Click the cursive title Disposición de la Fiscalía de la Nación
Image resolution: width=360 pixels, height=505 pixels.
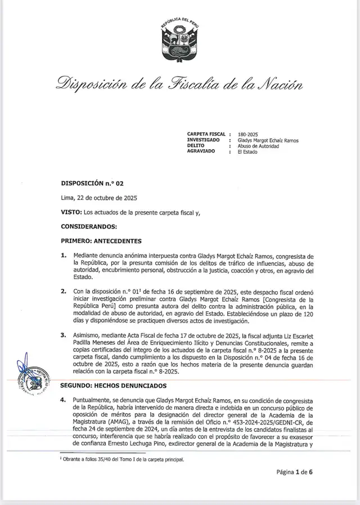click(x=179, y=85)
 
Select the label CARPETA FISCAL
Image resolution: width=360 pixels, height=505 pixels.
click(x=206, y=135)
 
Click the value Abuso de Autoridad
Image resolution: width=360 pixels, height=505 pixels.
click(x=258, y=146)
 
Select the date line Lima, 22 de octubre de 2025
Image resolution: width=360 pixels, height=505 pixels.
click(x=98, y=198)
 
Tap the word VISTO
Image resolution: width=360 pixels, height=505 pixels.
click(x=70, y=212)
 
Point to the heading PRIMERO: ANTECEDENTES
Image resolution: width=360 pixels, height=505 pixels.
click(x=101, y=241)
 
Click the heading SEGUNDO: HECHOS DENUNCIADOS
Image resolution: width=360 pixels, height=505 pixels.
click(x=114, y=386)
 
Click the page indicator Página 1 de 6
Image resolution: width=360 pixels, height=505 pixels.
click(x=294, y=472)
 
